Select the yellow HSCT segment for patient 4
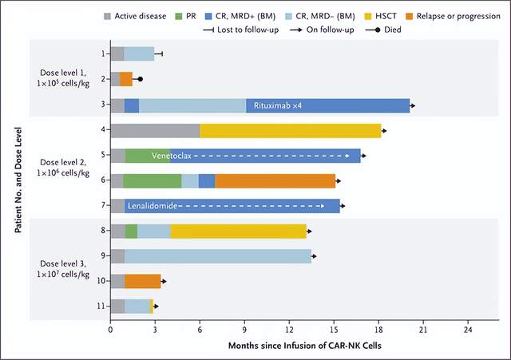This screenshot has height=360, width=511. point(291,131)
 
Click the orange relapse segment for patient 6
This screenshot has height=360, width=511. point(275,181)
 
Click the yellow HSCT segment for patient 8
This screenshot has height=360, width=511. point(238,231)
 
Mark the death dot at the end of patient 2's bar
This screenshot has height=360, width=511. point(141,79)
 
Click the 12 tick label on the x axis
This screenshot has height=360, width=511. point(290,328)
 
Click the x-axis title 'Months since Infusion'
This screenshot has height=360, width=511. point(289,346)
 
